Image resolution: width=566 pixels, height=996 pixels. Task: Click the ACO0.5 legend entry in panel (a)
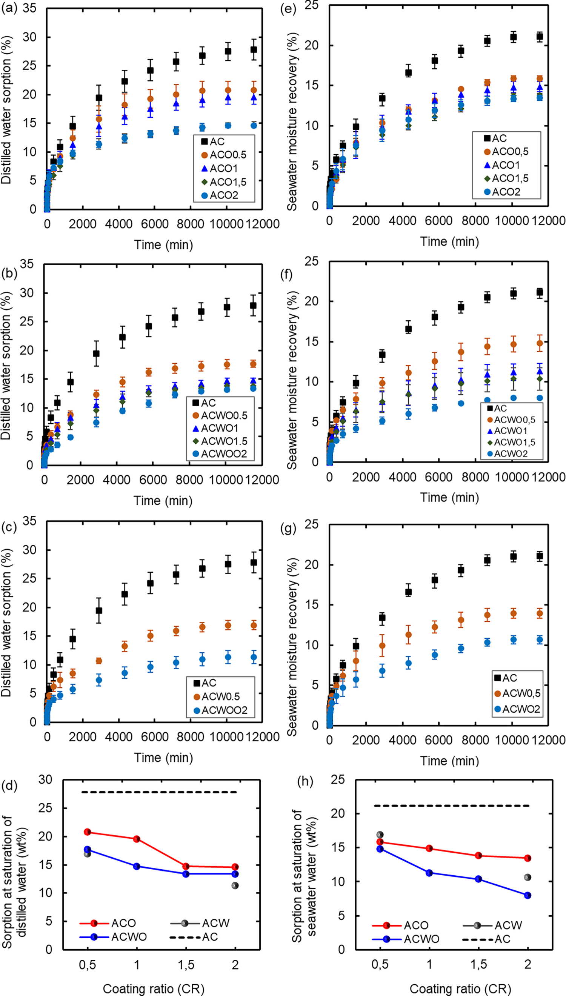[228, 155]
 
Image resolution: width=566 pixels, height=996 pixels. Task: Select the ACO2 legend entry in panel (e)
[506, 192]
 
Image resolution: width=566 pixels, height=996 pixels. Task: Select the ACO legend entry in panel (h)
[415, 925]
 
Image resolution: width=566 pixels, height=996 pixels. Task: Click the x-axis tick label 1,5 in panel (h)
[478, 964]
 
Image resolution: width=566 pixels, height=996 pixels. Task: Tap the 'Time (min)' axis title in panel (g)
[449, 761]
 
